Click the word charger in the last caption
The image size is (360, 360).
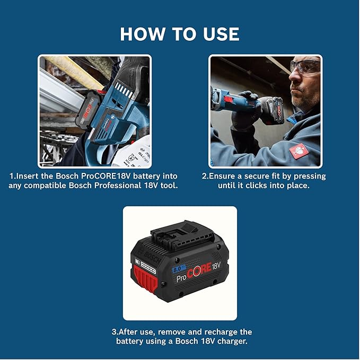229,341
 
